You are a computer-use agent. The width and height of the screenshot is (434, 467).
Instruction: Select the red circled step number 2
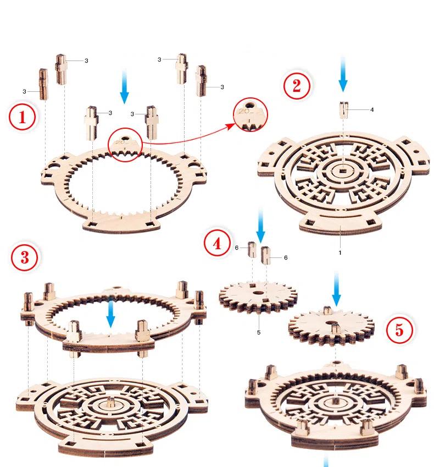click(x=297, y=86)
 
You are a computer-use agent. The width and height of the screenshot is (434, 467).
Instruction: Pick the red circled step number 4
click(x=218, y=244)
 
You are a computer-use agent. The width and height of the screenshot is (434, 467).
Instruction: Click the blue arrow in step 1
click(x=125, y=89)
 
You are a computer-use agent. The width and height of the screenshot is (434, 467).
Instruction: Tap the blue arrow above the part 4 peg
click(x=343, y=74)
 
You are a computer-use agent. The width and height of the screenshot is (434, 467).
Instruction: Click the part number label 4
click(x=372, y=109)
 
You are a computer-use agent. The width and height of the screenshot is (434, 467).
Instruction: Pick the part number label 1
click(x=340, y=252)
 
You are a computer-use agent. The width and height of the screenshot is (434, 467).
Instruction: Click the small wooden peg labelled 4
click(x=343, y=110)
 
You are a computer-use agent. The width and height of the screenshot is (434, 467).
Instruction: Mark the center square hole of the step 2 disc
click(x=342, y=173)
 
